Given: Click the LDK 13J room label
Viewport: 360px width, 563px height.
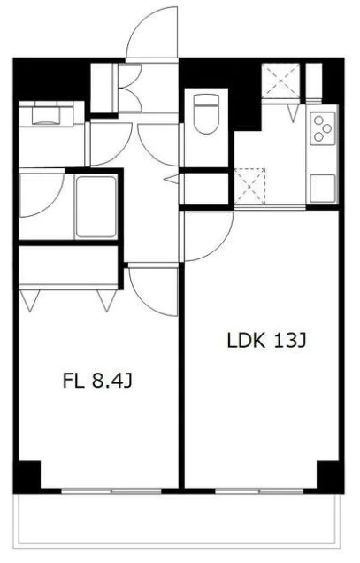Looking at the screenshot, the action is (266, 341).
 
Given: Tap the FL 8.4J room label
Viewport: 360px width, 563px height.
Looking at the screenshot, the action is (97, 381).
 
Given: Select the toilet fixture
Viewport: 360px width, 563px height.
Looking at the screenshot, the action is (206, 114).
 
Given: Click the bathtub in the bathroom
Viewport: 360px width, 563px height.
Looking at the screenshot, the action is (96, 207).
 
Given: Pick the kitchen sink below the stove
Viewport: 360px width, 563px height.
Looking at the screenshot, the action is (323, 189).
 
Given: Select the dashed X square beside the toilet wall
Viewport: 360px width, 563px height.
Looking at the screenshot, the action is (249, 187).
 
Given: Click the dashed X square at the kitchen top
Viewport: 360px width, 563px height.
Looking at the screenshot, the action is (280, 81).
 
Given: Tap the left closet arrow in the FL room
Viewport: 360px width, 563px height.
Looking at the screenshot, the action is (30, 300).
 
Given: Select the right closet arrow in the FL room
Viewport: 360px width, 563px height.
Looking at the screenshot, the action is (107, 300).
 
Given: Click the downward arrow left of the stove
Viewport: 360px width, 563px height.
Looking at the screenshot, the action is (294, 113).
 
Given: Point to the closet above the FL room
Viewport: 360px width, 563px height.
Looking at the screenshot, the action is (69, 265).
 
